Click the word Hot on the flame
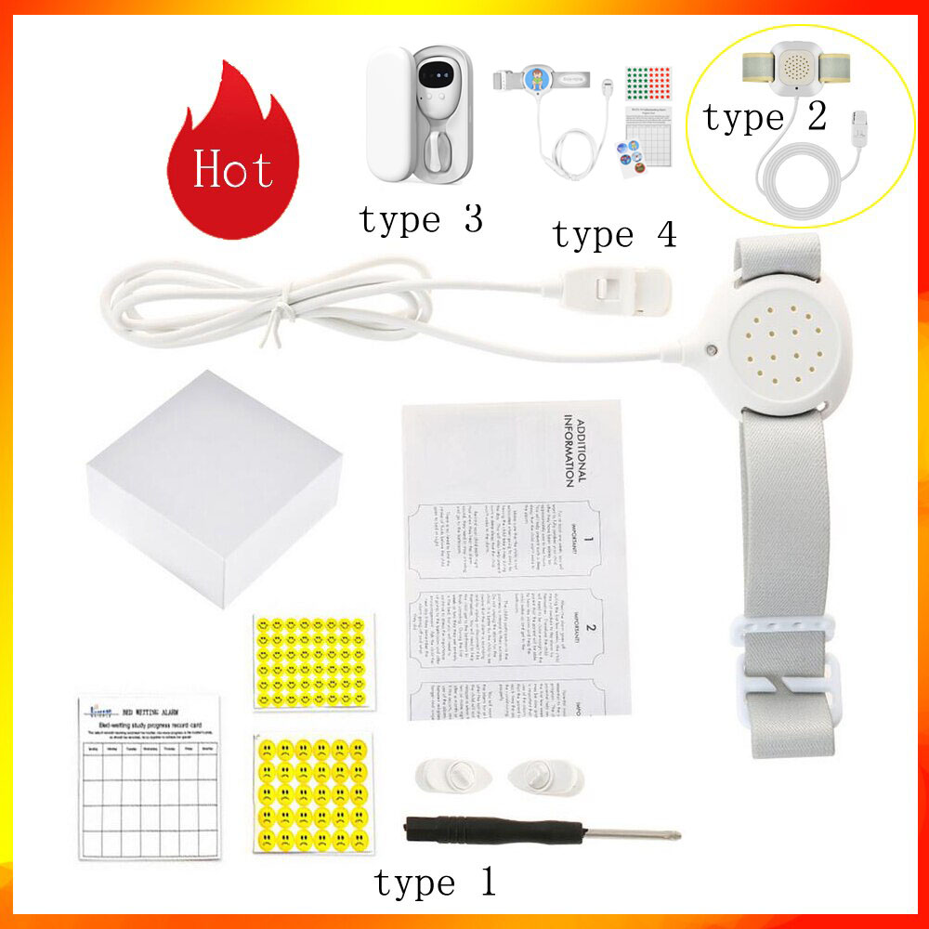pos(232,169)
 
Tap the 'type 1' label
pos(435,882)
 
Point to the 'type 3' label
pos(421,220)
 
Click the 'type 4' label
pos(614,236)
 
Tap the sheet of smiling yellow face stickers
pos(313,660)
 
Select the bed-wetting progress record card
pos(150,777)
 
